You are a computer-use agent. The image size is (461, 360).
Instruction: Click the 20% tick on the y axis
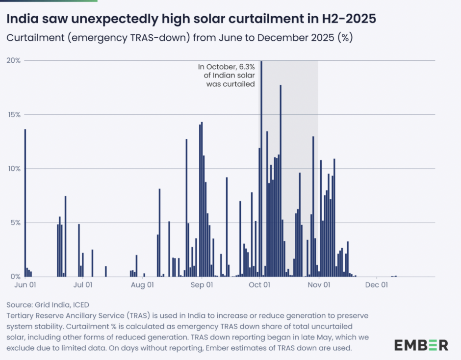pos(13,60)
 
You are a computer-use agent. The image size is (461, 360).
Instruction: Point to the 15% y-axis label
pos(13,114)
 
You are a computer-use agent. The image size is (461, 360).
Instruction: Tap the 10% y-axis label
pos(13,168)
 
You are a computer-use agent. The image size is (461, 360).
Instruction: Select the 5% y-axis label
pos(15,222)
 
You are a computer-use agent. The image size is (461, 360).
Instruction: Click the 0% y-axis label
pos(15,276)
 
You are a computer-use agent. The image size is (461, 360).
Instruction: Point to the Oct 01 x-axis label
pos(260,284)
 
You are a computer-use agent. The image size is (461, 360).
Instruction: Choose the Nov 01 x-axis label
pos(319,284)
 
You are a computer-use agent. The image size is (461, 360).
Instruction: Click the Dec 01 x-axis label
pos(378,284)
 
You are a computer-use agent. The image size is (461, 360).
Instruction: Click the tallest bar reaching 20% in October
pos(261,167)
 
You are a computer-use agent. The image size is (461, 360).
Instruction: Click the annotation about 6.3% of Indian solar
pos(226,75)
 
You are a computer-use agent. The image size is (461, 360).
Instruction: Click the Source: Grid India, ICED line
pos(48,305)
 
